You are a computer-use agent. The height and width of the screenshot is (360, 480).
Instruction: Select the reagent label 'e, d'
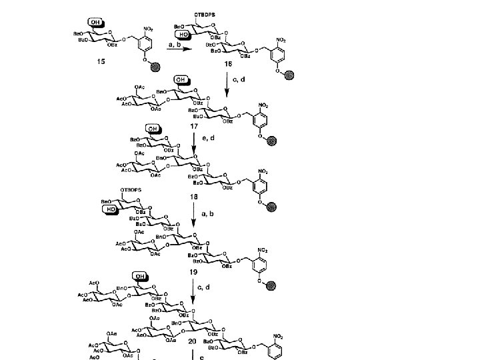click(x=208, y=138)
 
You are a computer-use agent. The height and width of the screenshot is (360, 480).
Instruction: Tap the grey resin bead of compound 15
click(x=155, y=67)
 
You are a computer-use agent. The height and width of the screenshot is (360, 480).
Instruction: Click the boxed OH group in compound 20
click(x=140, y=275)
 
